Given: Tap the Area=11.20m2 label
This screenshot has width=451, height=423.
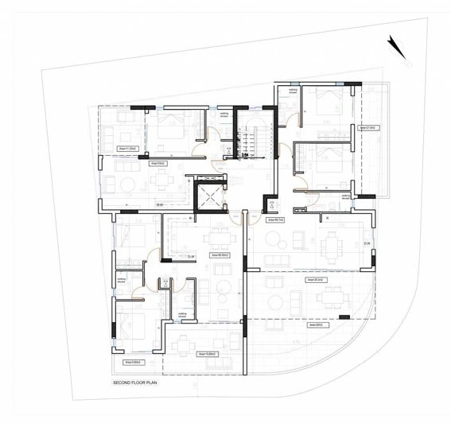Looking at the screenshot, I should tap(128, 148).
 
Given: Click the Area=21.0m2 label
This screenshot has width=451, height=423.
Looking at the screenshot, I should tap(367, 127).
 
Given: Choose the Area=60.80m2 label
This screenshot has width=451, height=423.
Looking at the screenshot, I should tap(220, 255).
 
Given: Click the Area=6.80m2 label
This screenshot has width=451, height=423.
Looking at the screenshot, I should tap(132, 361).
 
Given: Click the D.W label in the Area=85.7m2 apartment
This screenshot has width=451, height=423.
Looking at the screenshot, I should tap(367, 243).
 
